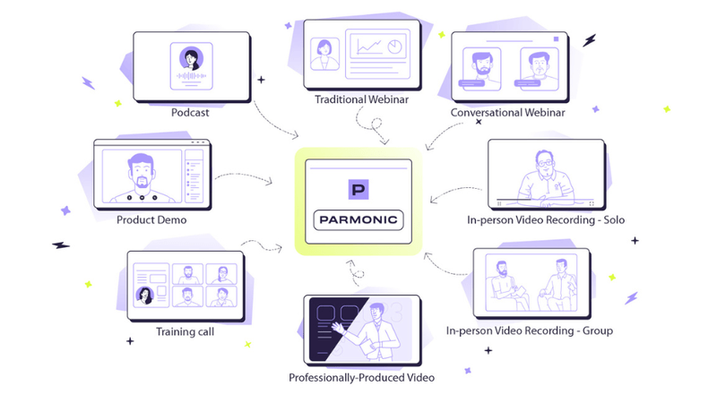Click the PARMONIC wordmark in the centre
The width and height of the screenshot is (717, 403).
358,219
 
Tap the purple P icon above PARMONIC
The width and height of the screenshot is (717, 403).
358,189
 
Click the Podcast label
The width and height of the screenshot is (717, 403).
190,113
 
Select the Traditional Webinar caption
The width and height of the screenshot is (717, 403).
362,99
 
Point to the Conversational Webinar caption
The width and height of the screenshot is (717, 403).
508,113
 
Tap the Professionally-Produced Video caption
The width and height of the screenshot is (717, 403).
361,377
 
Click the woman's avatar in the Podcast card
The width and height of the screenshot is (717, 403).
191,59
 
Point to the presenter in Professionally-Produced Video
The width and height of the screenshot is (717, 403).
376,327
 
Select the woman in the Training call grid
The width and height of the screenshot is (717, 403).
143,295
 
